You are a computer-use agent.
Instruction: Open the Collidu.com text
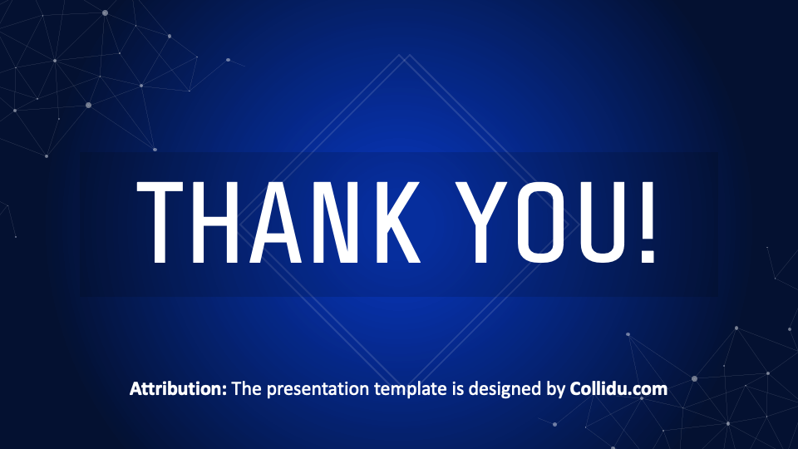618,388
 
